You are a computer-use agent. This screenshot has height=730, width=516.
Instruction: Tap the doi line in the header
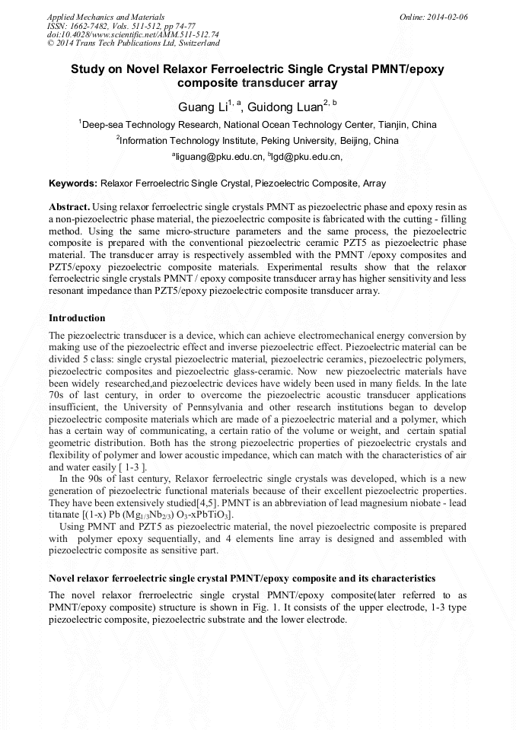133,34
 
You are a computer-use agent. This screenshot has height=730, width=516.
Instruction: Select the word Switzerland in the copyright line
194,43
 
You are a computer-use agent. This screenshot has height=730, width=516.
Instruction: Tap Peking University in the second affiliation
295,141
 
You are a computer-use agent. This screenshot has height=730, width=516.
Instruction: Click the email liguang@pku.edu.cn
218,157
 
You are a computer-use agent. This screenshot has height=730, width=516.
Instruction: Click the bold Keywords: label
73,183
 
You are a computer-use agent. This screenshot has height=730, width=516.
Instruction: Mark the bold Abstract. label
70,207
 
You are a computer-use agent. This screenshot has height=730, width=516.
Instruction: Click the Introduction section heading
77,317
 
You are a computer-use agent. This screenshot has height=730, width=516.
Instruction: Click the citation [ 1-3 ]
132,467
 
